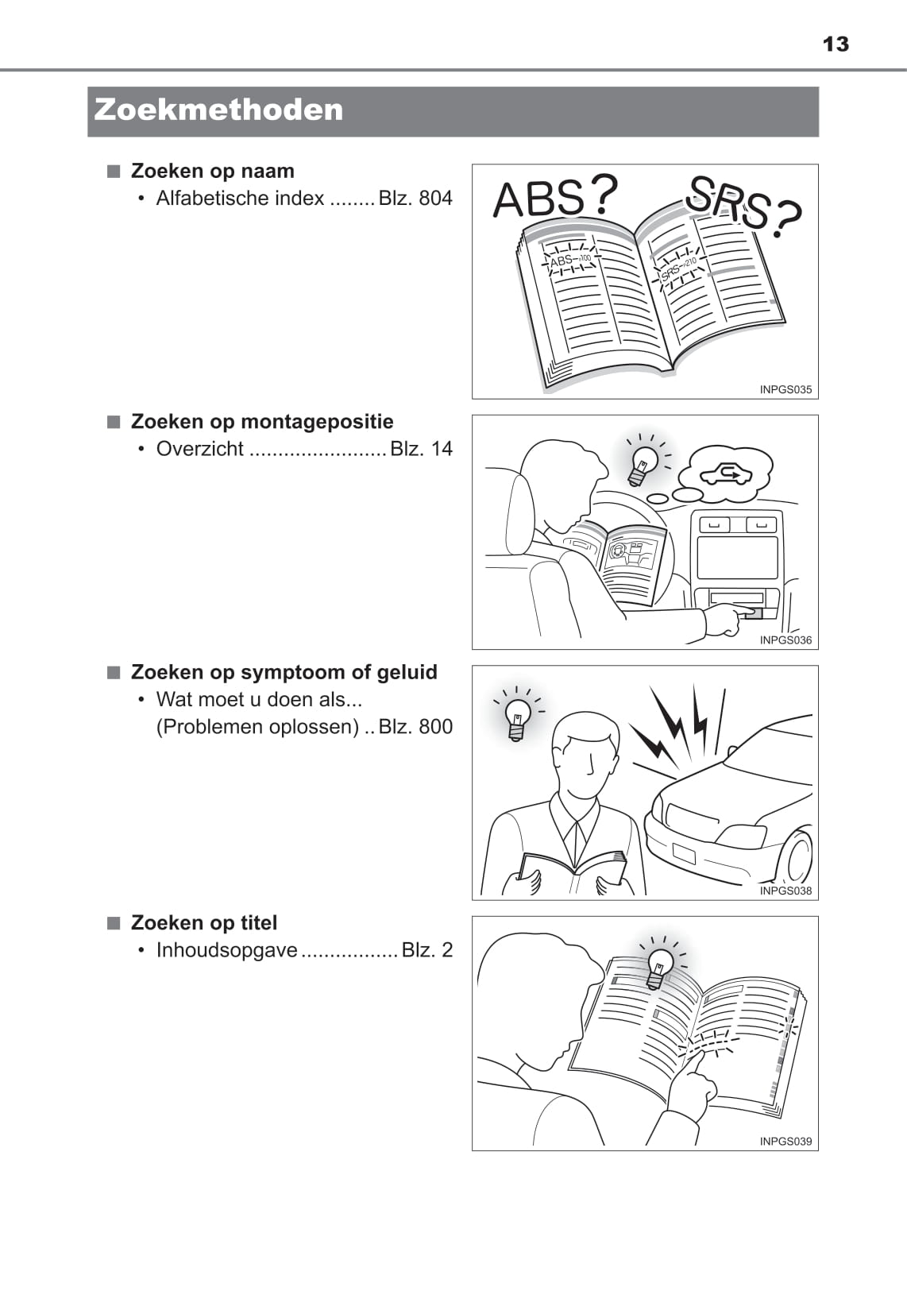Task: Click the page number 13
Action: pyautogui.click(x=836, y=44)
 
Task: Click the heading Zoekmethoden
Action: pyautogui.click(x=218, y=110)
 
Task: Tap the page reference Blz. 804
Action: pyautogui.click(x=415, y=199)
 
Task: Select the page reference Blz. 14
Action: pyautogui.click(x=422, y=449)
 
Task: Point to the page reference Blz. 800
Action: pyautogui.click(x=415, y=727)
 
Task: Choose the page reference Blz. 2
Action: pyautogui.click(x=427, y=949)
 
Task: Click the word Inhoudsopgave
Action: pyautogui.click(x=227, y=950)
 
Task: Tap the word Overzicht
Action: pyautogui.click(x=200, y=449)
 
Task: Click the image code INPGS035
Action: pyautogui.click(x=785, y=389)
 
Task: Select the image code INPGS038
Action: pyautogui.click(x=785, y=891)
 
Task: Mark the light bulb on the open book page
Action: pyautogui.click(x=659, y=968)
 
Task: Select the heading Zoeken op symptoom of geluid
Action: pyautogui.click(x=284, y=672)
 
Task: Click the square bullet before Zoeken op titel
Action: pyautogui.click(x=113, y=922)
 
